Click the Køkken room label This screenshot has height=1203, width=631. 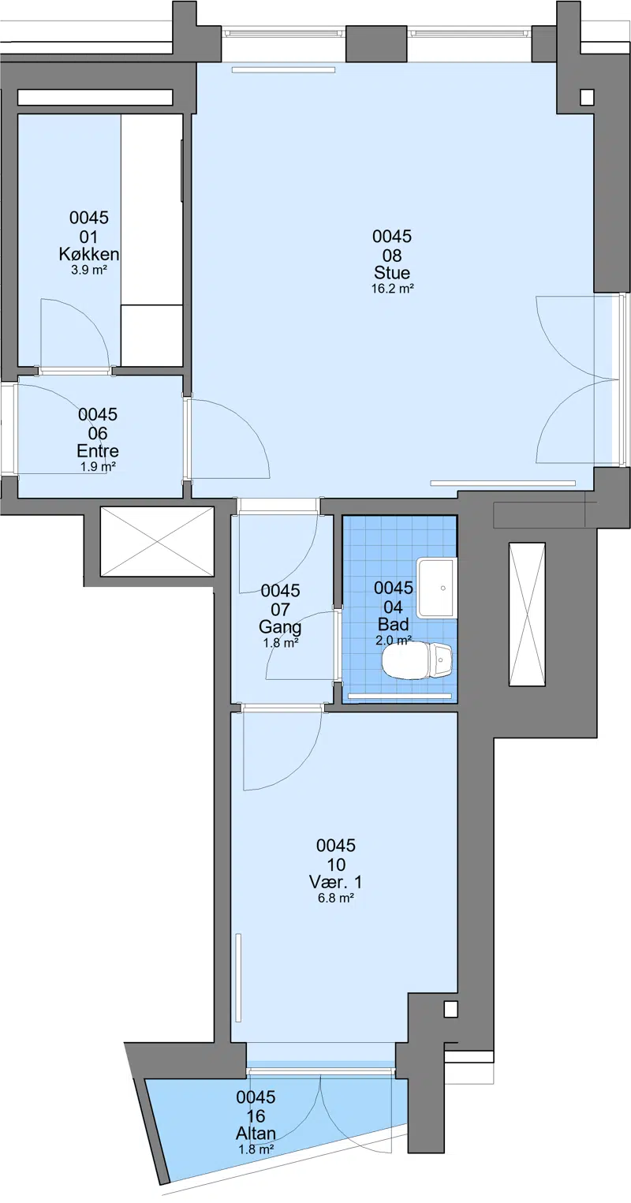pos(89,253)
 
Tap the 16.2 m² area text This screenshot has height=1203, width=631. pos(393,289)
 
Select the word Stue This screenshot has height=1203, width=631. pos(392,272)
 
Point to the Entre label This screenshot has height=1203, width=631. pos(98,450)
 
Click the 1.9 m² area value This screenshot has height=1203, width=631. pos(99,467)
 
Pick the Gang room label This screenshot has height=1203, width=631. pos(280,627)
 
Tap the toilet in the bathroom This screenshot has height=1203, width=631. pos(417,660)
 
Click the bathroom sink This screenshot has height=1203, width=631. pos(437,588)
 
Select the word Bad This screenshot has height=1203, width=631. pos(393,624)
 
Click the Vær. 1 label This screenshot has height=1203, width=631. pos(336,882)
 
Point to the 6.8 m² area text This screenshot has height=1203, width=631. pos(336,898)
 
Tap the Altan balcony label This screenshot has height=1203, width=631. pos(256,1133)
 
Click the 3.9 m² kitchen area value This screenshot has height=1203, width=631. pos(89,270)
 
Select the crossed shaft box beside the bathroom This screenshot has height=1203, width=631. pos(528,615)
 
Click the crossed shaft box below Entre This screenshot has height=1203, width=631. pos(157,542)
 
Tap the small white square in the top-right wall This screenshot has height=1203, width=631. pos(587,97)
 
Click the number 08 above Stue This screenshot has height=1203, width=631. pos(392,255)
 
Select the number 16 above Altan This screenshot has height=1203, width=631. pos(256,1116)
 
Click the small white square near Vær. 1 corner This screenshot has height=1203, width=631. pos(450,1009)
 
